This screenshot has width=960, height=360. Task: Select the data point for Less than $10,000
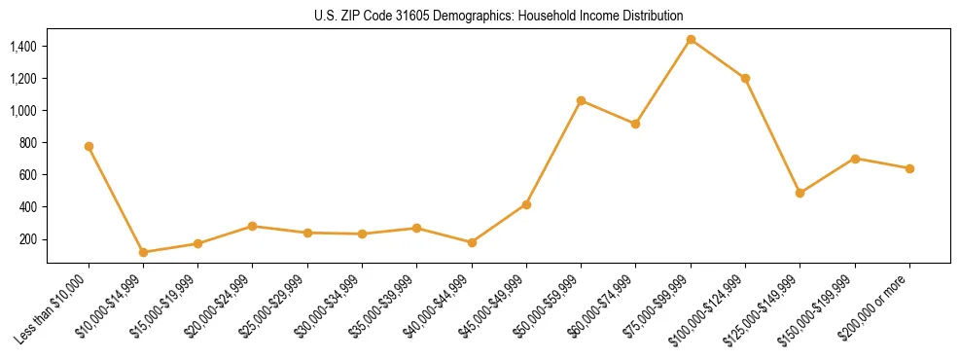pyautogui.click(x=89, y=146)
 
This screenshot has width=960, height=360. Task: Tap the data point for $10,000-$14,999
pyautogui.click(x=143, y=252)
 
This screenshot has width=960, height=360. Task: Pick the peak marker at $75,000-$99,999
pyautogui.click(x=691, y=39)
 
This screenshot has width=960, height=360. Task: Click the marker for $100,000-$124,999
pyautogui.click(x=745, y=78)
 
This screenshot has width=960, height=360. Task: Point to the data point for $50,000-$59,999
pyautogui.click(x=581, y=100)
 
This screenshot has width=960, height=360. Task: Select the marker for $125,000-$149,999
pyautogui.click(x=800, y=193)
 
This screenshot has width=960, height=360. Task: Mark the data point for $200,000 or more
pyautogui.click(x=909, y=168)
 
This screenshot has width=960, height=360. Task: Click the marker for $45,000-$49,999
pyautogui.click(x=526, y=204)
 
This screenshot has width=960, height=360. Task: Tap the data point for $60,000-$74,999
pyautogui.click(x=635, y=124)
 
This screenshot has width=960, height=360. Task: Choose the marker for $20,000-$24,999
pyautogui.click(x=253, y=226)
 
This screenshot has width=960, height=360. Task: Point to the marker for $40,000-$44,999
pyautogui.click(x=472, y=242)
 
